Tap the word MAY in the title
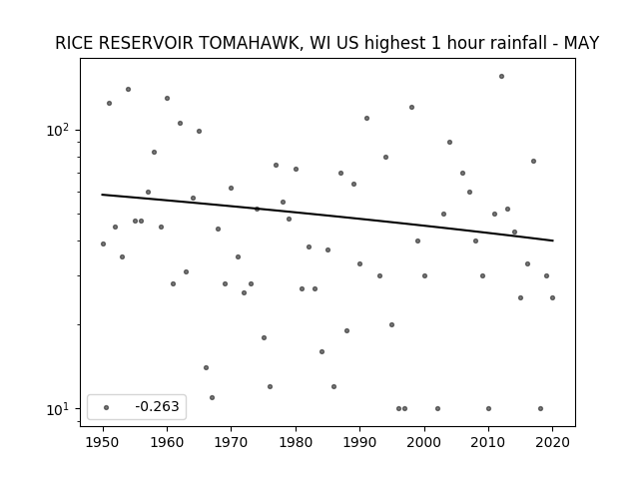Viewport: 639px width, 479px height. tap(581, 43)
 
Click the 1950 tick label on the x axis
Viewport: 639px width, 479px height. tap(103, 442)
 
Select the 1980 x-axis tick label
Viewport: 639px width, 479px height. tap(296, 442)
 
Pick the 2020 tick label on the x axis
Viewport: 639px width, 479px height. tap(552, 442)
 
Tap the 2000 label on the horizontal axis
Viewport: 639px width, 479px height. tap(424, 442)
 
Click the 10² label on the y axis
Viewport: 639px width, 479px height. tap(58, 130)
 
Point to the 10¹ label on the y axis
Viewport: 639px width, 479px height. tap(58, 409)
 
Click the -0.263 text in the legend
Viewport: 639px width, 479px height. tap(158, 406)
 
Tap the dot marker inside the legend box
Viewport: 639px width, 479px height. tap(107, 407)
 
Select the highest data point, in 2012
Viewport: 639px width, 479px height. tap(501, 76)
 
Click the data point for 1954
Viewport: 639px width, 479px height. tap(128, 89)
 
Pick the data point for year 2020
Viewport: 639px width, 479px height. tap(552, 297)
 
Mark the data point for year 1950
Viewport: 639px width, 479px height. tap(103, 243)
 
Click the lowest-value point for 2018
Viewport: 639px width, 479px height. tap(540, 408)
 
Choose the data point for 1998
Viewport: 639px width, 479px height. tap(411, 107)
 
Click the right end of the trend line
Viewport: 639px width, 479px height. tap(553, 240)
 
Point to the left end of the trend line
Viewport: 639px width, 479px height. tap(102, 195)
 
